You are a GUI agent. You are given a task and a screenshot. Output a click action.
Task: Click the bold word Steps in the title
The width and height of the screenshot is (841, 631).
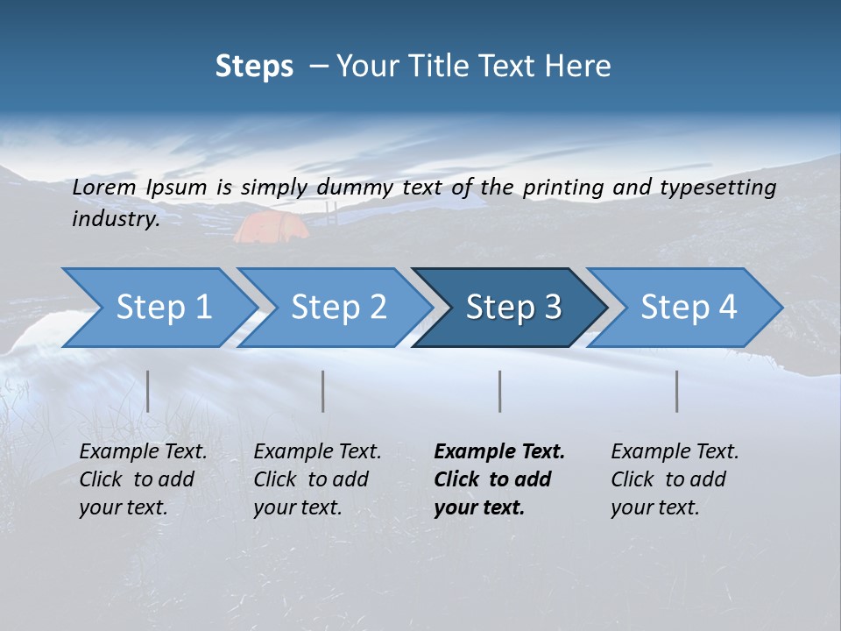pyautogui.click(x=254, y=67)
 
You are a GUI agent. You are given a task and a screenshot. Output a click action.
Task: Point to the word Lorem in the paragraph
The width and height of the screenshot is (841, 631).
pyautogui.click(x=102, y=187)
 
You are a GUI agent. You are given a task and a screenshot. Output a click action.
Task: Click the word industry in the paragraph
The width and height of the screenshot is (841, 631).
pyautogui.click(x=114, y=219)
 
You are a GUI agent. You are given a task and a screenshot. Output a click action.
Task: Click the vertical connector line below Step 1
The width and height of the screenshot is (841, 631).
pyautogui.click(x=148, y=391)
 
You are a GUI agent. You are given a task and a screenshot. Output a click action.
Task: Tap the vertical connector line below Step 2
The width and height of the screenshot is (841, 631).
pyautogui.click(x=323, y=391)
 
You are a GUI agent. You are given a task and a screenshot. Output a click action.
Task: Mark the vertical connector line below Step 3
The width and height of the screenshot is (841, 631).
pyautogui.click(x=499, y=391)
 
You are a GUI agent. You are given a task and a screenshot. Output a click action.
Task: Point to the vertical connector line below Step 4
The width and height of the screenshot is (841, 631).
pyautogui.click(x=677, y=391)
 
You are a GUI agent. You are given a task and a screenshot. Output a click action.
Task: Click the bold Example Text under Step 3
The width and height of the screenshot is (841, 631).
pyautogui.click(x=499, y=452)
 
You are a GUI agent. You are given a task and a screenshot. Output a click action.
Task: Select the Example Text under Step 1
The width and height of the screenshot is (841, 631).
pyautogui.click(x=143, y=452)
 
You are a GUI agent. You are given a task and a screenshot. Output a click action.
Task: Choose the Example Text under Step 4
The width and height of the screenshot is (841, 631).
pyautogui.click(x=675, y=452)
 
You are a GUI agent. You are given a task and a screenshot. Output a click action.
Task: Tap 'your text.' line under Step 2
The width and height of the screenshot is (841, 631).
pyautogui.click(x=298, y=507)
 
